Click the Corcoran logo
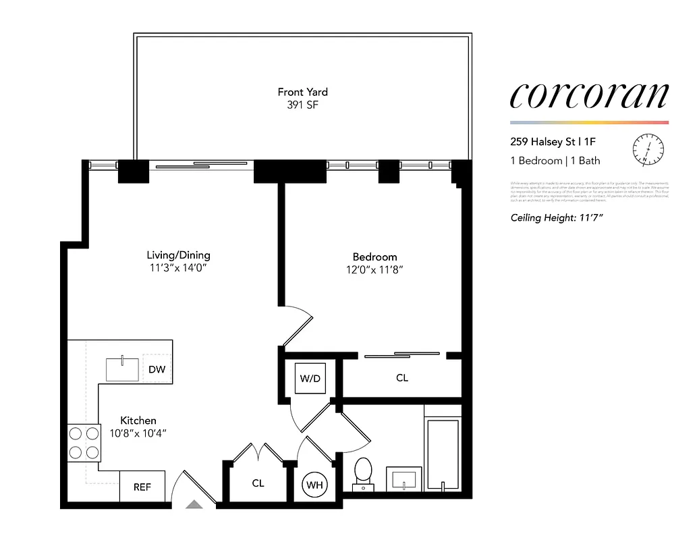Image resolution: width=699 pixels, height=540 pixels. click(x=589, y=95)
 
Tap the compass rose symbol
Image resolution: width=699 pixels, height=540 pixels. click(x=648, y=149)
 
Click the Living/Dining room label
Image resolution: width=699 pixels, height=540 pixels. click(x=178, y=255)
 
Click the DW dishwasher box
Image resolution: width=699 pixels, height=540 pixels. click(x=157, y=369)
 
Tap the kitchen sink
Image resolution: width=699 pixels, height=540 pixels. click(x=123, y=369)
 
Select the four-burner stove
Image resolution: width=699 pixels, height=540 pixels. click(x=84, y=443)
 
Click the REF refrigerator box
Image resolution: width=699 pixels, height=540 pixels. click(x=142, y=487)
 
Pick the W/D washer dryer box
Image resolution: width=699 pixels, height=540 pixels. click(x=310, y=378)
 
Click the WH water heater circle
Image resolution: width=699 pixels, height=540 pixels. click(x=314, y=485)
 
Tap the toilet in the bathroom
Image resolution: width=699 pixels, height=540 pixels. click(x=363, y=473)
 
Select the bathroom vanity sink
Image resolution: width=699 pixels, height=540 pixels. click(x=403, y=480)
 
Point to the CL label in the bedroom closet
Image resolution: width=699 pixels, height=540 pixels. click(x=402, y=378)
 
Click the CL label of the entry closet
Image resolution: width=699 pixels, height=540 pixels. click(x=258, y=483)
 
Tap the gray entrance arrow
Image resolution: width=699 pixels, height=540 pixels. click(x=194, y=503)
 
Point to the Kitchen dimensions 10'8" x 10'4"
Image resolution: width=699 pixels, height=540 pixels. click(x=138, y=433)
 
